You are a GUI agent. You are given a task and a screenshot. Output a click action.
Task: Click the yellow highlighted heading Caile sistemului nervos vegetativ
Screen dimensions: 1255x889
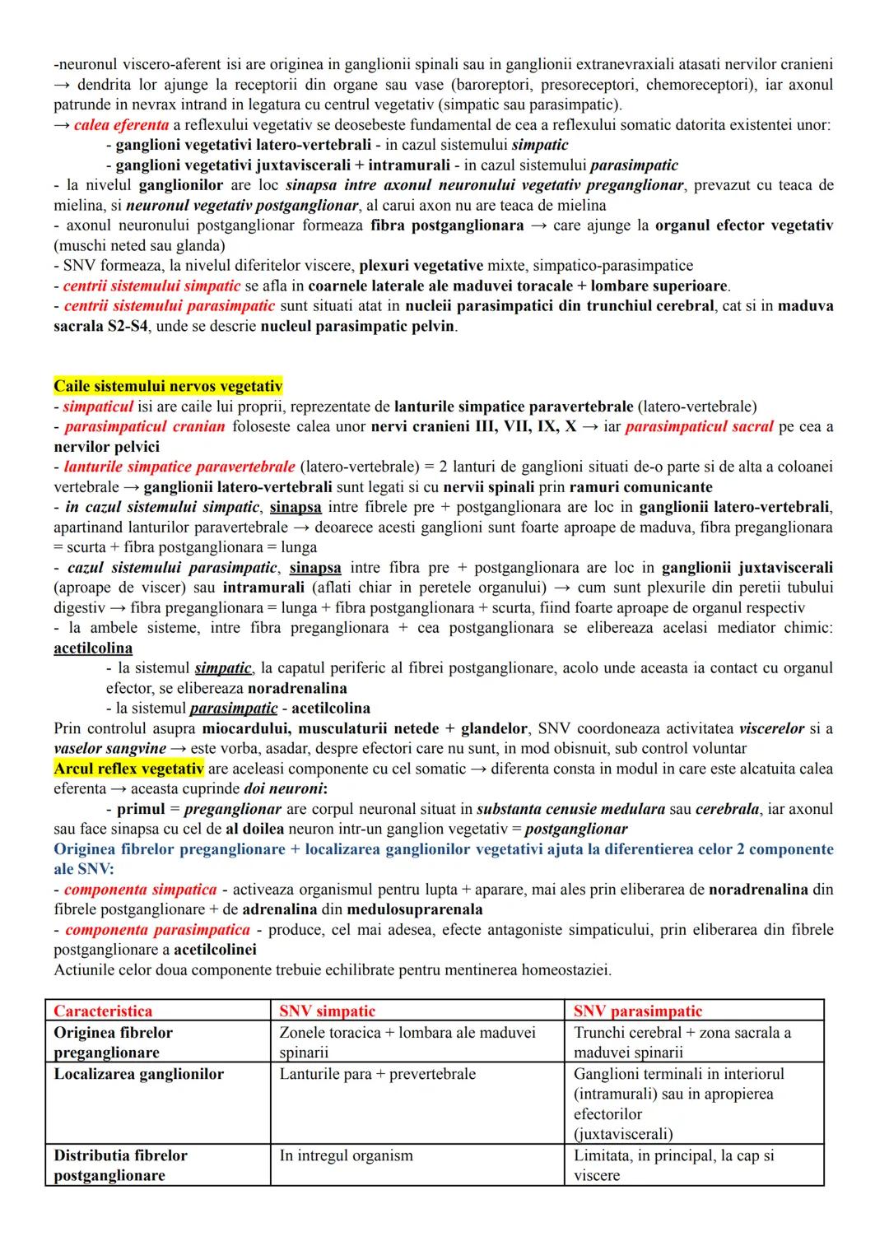168,386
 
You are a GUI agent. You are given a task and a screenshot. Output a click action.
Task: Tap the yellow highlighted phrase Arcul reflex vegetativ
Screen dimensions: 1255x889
128,769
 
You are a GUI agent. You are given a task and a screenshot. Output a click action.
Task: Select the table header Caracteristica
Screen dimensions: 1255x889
103,1011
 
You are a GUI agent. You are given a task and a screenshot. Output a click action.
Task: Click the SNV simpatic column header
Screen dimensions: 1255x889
327,1011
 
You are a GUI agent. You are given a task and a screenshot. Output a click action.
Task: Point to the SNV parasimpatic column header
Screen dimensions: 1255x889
638,1011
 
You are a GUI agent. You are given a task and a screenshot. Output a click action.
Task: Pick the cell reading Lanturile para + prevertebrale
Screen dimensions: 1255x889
377,1074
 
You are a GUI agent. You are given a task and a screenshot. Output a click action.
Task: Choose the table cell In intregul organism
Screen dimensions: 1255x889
346,1155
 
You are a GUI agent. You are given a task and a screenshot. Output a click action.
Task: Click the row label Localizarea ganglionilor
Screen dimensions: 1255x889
138,1074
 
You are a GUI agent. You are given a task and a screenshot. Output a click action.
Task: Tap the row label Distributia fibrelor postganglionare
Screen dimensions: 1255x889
120,1165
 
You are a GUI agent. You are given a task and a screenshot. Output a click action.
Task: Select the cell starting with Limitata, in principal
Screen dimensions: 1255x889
673,1164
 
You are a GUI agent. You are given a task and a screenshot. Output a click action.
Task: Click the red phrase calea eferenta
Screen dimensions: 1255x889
121,125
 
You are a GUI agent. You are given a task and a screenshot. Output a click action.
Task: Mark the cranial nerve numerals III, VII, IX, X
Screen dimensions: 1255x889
524,426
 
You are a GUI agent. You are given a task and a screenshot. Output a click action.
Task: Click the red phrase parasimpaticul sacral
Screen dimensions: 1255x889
699,426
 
